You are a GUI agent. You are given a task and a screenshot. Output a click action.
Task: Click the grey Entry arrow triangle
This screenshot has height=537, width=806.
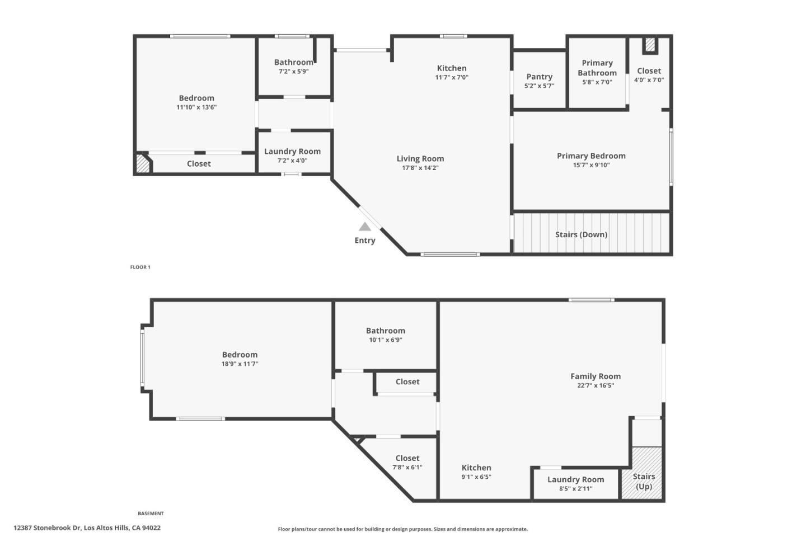point(365,227)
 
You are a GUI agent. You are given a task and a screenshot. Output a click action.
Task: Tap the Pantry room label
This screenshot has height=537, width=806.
point(539,77)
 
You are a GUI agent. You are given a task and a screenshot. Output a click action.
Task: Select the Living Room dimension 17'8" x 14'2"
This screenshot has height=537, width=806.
point(420,168)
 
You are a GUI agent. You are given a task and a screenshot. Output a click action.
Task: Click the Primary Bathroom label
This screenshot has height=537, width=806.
point(597,68)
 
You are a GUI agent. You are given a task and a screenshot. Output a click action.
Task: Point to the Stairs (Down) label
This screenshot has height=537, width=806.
point(581,234)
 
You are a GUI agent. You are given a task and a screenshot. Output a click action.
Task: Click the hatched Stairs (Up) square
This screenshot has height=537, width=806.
point(643,473)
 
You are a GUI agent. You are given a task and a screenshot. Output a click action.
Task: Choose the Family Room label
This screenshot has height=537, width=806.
point(595,376)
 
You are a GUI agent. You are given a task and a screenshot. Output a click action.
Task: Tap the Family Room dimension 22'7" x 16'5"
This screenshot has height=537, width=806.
point(595,385)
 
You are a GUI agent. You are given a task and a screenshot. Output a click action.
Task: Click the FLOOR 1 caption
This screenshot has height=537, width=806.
point(140,267)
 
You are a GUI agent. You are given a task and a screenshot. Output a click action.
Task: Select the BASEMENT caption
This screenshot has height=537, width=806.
point(151,514)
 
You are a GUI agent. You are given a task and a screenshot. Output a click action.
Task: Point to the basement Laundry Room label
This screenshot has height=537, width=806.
point(575,479)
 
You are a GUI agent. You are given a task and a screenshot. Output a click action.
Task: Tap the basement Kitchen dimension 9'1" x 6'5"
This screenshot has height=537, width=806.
point(476,477)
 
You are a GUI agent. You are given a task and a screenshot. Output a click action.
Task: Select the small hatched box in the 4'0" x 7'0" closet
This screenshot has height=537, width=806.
point(649,45)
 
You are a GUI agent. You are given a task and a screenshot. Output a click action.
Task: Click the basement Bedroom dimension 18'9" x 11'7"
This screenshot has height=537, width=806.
point(240,364)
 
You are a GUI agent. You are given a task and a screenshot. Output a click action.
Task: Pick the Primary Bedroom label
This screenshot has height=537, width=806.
point(591,156)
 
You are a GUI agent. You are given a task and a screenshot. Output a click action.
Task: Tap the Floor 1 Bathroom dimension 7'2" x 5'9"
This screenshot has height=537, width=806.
point(293,72)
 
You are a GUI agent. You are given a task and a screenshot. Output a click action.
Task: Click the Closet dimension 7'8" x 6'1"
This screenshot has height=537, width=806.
point(407,467)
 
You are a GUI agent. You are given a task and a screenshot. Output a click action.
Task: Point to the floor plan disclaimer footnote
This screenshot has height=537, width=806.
point(402,529)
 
